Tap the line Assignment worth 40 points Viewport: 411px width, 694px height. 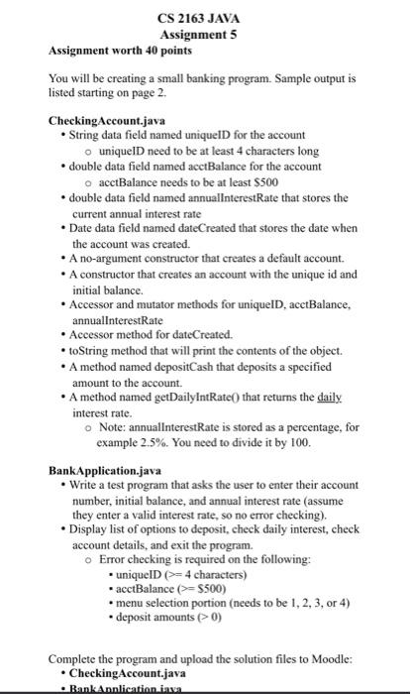pyautogui.click(x=109, y=49)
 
